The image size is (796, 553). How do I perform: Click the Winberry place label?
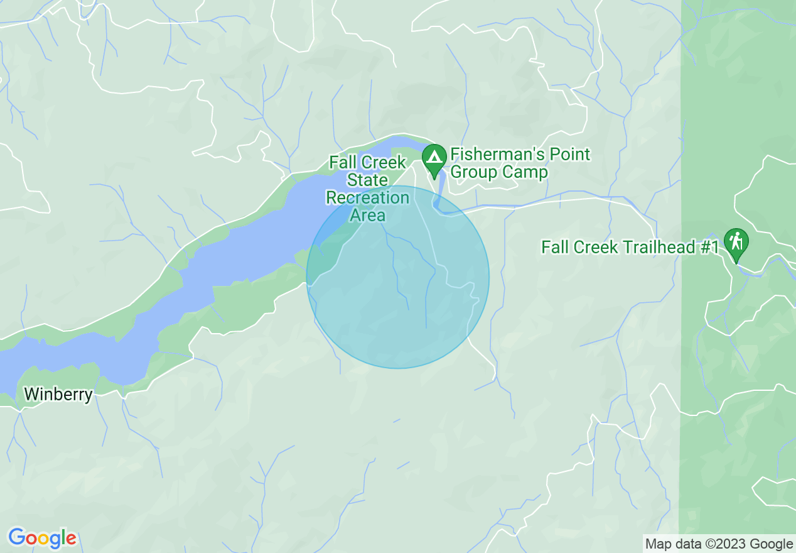[x=58, y=395]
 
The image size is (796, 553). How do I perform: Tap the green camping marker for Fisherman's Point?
[x=434, y=159]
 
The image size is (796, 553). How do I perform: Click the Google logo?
[x=42, y=539]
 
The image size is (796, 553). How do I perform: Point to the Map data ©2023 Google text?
[x=719, y=544]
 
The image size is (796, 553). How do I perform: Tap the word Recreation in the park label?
[x=368, y=198]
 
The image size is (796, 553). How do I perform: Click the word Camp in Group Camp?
[x=525, y=172]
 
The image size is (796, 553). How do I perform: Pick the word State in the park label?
[x=368, y=180]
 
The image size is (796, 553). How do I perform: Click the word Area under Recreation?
[x=368, y=215]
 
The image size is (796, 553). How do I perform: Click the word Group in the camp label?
[x=475, y=172]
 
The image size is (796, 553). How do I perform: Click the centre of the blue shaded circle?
[x=398, y=277]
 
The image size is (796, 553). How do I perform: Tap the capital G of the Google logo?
[x=16, y=538]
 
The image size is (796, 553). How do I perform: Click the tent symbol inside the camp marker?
[x=434, y=155]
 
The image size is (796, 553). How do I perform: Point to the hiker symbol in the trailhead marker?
[x=736, y=240]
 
